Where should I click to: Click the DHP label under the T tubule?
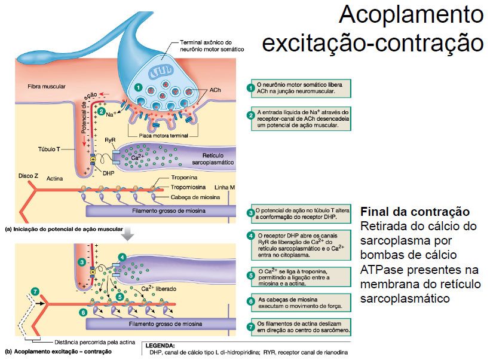click(108, 172)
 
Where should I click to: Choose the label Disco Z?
click(28, 176)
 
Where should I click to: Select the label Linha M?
click(224, 187)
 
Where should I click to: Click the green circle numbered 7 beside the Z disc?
click(35, 291)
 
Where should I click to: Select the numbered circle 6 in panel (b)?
click(83, 312)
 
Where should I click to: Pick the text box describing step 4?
click(301, 245)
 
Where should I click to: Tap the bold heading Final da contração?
click(415, 212)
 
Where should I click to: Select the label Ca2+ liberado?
click(159, 289)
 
